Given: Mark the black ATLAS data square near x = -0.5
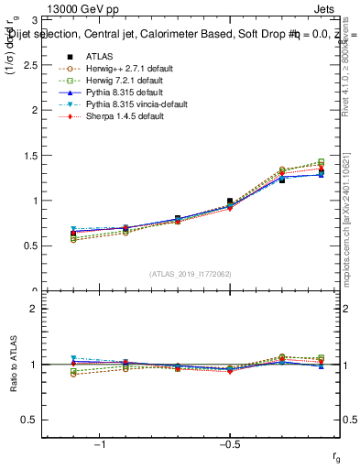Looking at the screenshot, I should click(230, 202).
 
